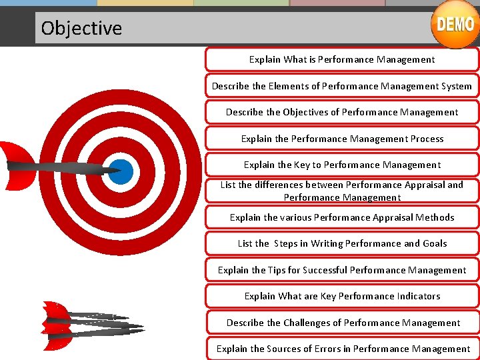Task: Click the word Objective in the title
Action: click(x=81, y=28)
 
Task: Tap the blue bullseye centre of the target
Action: click(x=121, y=172)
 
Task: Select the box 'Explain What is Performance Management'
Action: click(x=341, y=59)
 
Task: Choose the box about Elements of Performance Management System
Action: click(x=341, y=86)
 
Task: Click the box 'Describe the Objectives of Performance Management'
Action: click(x=341, y=112)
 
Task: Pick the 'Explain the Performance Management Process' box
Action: click(x=341, y=139)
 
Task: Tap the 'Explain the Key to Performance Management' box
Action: click(x=341, y=165)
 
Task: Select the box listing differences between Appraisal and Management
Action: click(x=341, y=191)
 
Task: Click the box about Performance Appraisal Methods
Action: click(x=341, y=217)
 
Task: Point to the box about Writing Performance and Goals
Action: click(x=341, y=243)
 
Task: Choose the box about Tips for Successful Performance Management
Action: click(x=341, y=270)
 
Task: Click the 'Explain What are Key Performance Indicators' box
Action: click(x=341, y=296)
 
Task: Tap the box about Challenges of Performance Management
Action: click(x=341, y=323)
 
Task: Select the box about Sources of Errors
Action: click(x=341, y=349)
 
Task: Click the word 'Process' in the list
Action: click(x=427, y=139)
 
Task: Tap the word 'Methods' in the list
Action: click(x=434, y=217)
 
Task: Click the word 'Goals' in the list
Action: click(x=435, y=243)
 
